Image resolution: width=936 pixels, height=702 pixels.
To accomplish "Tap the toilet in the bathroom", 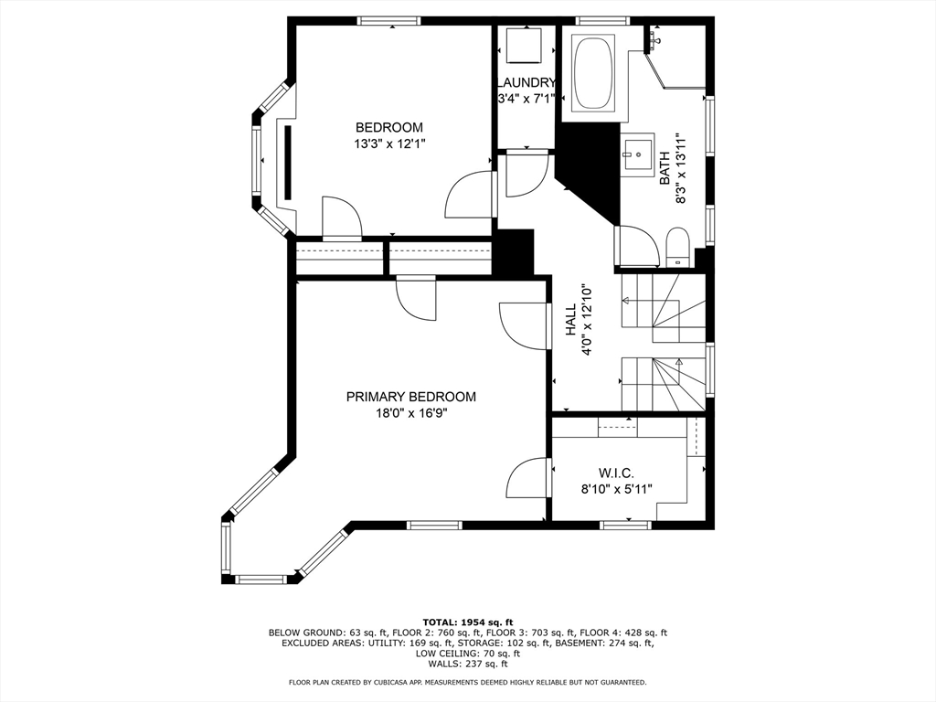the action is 677,247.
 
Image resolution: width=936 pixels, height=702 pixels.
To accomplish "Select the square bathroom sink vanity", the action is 639,154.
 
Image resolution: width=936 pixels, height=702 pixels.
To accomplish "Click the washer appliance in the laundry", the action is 524,45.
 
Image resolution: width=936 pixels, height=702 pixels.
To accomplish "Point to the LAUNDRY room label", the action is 526,83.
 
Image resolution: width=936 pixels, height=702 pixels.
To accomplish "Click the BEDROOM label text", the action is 389,127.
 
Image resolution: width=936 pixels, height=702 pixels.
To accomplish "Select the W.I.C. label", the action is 617,473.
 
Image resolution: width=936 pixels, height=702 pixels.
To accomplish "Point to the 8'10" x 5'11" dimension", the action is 617,489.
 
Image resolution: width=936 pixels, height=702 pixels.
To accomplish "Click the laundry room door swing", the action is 527,175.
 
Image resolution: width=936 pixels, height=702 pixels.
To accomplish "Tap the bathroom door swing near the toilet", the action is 637,246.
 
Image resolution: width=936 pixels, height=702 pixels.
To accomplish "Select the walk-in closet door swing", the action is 527,479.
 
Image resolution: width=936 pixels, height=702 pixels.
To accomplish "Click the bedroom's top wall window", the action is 388,21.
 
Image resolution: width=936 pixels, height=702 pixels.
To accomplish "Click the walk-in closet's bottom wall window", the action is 625,526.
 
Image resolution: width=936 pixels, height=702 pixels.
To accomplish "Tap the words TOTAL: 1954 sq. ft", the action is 468,622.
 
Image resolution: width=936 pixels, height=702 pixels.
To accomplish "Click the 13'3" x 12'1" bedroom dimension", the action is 389,144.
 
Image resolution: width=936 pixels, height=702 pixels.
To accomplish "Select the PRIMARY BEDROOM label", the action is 411,397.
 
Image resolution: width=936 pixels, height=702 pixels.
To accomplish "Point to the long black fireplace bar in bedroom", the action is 288,163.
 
